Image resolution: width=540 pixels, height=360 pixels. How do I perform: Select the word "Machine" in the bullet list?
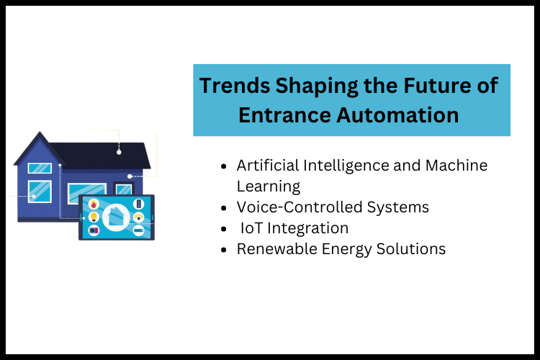tap(456, 166)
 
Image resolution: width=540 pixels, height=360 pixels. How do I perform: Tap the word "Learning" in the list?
tap(268, 186)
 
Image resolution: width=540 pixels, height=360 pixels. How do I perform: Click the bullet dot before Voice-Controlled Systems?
tap(225, 208)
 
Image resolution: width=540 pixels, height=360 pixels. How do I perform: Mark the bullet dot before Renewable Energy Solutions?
tap(225, 250)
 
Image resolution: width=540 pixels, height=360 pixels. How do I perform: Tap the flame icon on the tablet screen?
tap(93, 204)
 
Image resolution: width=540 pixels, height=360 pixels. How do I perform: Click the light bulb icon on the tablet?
tap(93, 217)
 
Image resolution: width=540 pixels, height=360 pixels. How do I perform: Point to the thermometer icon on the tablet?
tap(138, 204)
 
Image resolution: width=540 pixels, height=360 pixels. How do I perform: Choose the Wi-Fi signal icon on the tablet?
tap(138, 217)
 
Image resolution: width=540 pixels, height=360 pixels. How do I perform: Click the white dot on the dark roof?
tap(119, 152)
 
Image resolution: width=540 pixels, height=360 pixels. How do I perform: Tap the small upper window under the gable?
tap(40, 168)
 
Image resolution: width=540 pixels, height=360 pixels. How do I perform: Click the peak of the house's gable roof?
tap(40, 133)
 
